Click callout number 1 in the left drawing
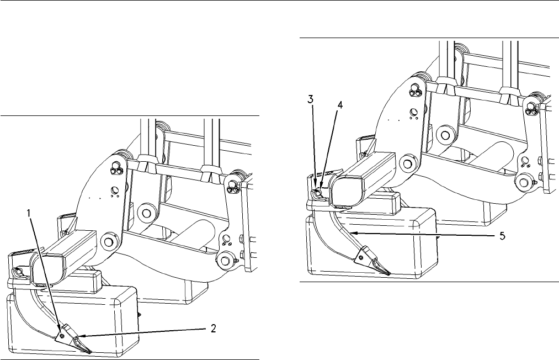point(29,213)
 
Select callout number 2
point(213,329)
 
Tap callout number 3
point(311,99)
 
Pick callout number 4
point(340,105)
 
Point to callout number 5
point(502,236)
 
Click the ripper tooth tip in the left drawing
point(90,353)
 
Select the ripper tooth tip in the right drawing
point(389,274)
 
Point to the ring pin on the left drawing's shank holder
point(19,271)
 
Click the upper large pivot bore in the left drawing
point(145,213)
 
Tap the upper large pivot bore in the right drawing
point(445,135)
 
